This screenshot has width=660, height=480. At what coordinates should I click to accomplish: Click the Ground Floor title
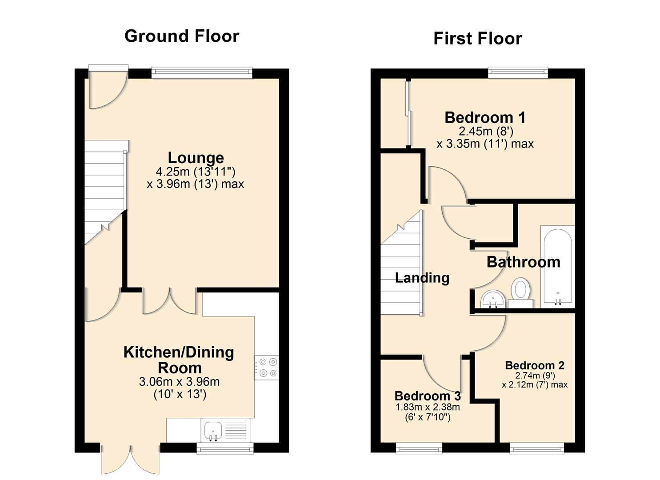[182, 36]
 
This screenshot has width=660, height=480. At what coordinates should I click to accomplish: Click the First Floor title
[477, 39]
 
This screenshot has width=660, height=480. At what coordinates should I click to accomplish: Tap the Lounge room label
[196, 158]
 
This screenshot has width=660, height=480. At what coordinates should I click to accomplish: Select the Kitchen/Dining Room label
[179, 360]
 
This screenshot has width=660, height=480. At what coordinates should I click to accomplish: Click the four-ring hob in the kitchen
[267, 368]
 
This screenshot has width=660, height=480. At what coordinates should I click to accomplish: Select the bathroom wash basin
[493, 299]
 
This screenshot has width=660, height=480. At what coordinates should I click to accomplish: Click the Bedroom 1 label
[485, 118]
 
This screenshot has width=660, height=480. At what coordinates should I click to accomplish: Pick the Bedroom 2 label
[535, 365]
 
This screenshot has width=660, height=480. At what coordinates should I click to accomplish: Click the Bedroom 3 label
[428, 396]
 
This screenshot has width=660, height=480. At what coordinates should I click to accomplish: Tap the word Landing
[422, 278]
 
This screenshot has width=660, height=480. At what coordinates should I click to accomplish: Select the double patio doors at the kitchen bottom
[130, 458]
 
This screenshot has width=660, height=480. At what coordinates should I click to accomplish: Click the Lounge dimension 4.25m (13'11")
[195, 172]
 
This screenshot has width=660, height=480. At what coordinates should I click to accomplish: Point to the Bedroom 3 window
[419, 448]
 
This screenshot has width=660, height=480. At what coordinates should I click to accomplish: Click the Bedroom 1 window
[518, 73]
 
